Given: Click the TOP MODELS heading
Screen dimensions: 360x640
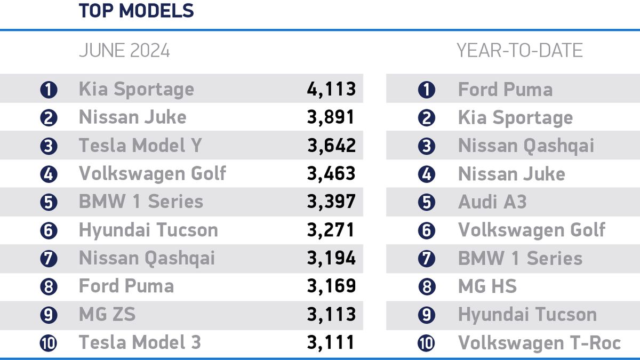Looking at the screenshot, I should pos(136,11).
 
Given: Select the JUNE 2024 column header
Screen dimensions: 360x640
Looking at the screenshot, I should pos(124,51).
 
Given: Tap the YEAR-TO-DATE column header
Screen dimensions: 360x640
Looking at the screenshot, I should pos(519,51).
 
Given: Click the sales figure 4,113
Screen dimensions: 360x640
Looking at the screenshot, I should pos(331,89).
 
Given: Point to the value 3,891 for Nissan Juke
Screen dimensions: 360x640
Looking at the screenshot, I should pos(331,117).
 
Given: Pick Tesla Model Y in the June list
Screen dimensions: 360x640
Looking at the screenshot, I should pos(140,146).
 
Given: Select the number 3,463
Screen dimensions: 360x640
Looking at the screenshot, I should pos(331,174).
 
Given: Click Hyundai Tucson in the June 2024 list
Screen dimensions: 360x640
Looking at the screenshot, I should pos(148,230).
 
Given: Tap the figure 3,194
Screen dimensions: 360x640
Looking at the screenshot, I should pos(331,259).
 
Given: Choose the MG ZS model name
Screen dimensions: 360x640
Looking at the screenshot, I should pos(107,315).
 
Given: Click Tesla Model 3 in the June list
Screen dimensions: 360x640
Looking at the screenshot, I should pos(140,342).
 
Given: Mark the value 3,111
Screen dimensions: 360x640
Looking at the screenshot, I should pos(331,342).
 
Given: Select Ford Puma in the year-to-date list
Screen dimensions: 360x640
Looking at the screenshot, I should pos(505,90).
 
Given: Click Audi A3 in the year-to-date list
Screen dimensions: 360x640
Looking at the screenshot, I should pos(492,202).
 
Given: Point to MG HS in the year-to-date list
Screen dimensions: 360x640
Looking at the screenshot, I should pos(487,287).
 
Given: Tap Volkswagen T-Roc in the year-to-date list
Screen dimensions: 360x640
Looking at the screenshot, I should pos(539,343).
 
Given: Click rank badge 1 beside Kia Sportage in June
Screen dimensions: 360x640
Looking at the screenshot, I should pos(49,90).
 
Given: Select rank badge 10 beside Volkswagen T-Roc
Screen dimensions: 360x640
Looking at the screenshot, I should pos(426,343).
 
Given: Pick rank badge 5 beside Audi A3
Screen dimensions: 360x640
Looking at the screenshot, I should pos(426,203).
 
